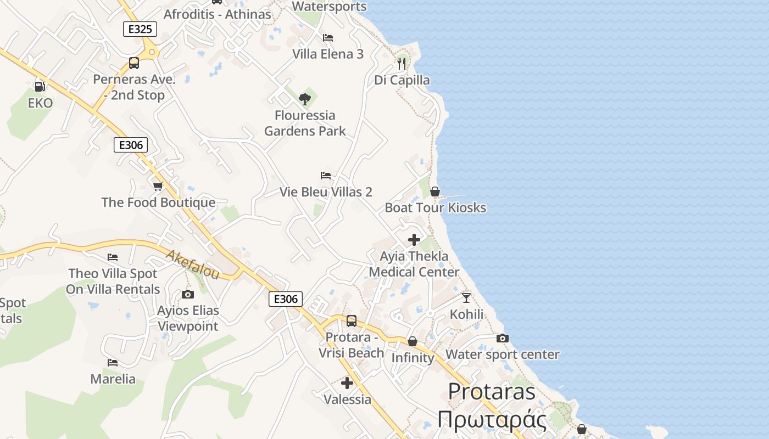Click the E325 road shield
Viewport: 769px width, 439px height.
coord(140,29)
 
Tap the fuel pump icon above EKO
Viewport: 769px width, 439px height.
coord(40,86)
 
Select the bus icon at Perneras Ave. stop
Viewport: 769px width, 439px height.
coord(134,63)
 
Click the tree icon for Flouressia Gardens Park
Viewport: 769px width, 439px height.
coord(305,99)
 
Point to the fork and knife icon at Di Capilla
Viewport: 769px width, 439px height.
coord(402,64)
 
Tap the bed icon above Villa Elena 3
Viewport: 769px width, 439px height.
coord(328,38)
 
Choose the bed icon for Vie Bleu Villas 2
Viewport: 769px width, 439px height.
coord(326,176)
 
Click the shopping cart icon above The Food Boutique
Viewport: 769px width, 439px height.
coord(158,187)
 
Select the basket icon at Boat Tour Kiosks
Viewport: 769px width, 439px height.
coord(435,192)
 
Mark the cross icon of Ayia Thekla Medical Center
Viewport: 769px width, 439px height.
coord(414,240)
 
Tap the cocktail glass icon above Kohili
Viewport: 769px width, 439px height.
coord(466,297)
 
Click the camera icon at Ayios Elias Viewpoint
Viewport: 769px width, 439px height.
coord(188,295)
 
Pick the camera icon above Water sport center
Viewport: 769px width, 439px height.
coord(502,338)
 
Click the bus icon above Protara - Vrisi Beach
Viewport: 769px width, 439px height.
coord(351,320)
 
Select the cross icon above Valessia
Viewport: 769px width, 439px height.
coord(347,383)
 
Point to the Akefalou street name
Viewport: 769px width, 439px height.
coord(193,264)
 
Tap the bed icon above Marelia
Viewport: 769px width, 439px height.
coord(113,363)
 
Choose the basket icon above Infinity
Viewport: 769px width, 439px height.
coord(413,342)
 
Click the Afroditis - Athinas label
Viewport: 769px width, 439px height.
coord(218,14)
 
